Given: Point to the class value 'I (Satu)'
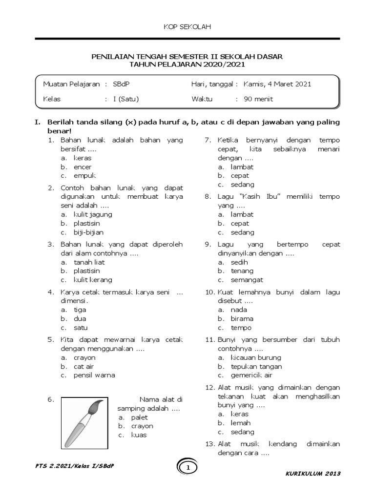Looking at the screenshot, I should point(126,99).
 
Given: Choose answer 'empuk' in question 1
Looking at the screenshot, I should point(85,176).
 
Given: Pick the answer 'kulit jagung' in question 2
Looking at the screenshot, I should point(93,214).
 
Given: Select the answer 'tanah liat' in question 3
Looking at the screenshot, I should point(89,262).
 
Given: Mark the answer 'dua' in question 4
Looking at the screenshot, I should point(80,319).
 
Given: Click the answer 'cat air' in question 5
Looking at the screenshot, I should point(84,366).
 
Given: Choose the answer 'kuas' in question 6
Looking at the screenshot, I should point(139,435).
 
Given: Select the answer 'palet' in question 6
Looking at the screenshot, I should point(139,417).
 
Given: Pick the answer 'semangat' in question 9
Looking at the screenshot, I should point(247,280).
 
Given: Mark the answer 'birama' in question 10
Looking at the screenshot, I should point(242,319).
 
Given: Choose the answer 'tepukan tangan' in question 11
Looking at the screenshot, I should point(256,366).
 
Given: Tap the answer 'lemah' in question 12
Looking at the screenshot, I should point(241,423).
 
